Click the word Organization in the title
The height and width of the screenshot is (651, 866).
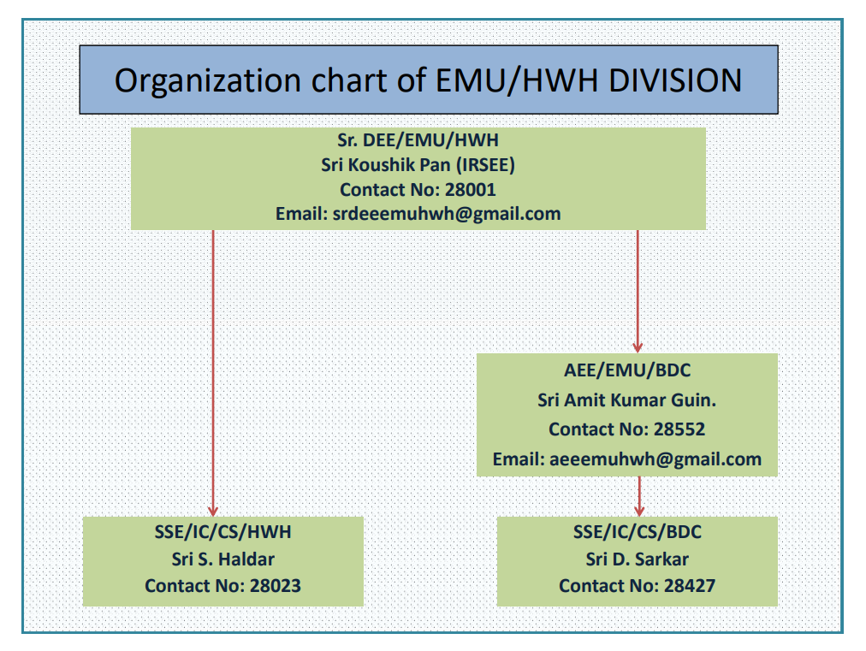(x=208, y=81)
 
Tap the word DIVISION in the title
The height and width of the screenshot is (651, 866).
(x=675, y=80)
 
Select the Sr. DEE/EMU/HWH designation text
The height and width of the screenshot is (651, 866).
(x=418, y=140)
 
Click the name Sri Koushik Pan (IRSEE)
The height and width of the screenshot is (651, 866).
(x=418, y=164)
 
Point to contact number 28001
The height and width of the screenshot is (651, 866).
(x=471, y=189)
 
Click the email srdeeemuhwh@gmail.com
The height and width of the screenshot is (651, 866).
(x=446, y=214)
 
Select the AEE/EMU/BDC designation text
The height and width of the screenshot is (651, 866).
(x=627, y=370)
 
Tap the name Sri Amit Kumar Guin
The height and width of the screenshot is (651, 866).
(x=627, y=399)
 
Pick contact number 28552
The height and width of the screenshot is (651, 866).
(x=679, y=429)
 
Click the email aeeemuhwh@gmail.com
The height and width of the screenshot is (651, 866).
(x=655, y=459)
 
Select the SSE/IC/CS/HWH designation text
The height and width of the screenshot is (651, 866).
(x=222, y=532)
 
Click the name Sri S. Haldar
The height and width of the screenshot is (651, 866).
(x=222, y=559)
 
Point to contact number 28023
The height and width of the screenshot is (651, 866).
(x=275, y=585)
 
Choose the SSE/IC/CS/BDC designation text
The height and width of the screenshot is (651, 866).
(x=637, y=532)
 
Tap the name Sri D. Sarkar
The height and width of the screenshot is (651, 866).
(x=637, y=559)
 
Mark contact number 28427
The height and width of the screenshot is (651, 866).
(x=689, y=585)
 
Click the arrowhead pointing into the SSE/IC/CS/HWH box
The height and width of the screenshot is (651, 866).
(x=213, y=512)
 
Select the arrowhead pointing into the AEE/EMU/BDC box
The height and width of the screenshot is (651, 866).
(x=638, y=347)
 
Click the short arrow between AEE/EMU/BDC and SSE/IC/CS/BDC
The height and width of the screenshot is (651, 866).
(x=639, y=496)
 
